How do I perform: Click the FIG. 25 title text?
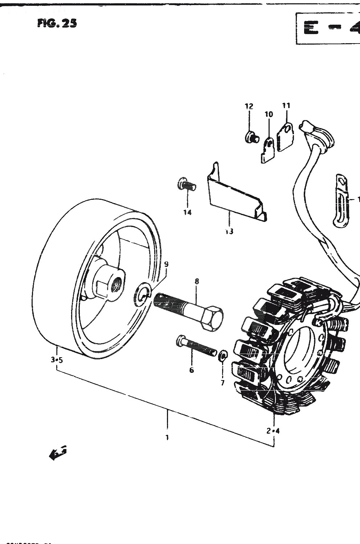pos(57,24)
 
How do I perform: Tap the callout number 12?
pos(249,106)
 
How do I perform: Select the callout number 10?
pos(269,115)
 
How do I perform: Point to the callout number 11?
pos(286,106)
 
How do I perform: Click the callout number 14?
pos(187,213)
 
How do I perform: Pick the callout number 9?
pos(166,264)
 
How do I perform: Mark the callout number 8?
pos(197,281)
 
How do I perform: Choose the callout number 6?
pos(191,370)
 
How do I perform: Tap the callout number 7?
pos(223,383)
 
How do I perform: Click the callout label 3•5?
pos(57,360)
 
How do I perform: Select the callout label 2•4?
pos(273,431)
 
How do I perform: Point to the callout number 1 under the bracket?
pos(167,438)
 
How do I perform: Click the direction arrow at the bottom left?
pos(57,453)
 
